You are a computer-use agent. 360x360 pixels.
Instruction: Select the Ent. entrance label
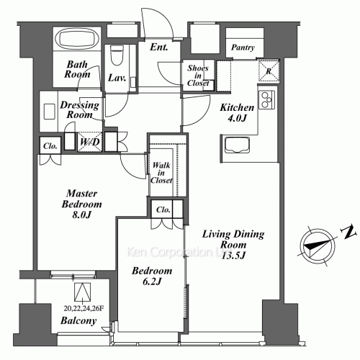[160, 49]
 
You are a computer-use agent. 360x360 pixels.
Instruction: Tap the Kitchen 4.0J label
[234, 114]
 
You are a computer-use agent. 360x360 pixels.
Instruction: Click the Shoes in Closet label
[198, 75]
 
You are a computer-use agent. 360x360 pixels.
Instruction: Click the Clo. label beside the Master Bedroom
[50, 145]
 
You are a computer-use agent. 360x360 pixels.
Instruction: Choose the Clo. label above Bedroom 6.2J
[163, 211]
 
